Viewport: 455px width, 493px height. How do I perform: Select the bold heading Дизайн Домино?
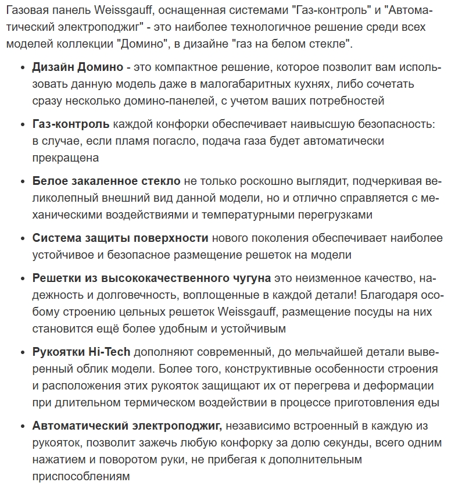click(x=77, y=67)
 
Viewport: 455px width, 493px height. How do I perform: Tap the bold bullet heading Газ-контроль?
click(x=71, y=124)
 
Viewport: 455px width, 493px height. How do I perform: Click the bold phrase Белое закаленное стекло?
click(x=106, y=181)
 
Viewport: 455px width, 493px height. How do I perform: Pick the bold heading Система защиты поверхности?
click(x=120, y=238)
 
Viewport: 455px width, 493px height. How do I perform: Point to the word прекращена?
click(x=66, y=158)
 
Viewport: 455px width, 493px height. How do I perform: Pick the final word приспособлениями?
click(x=81, y=476)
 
